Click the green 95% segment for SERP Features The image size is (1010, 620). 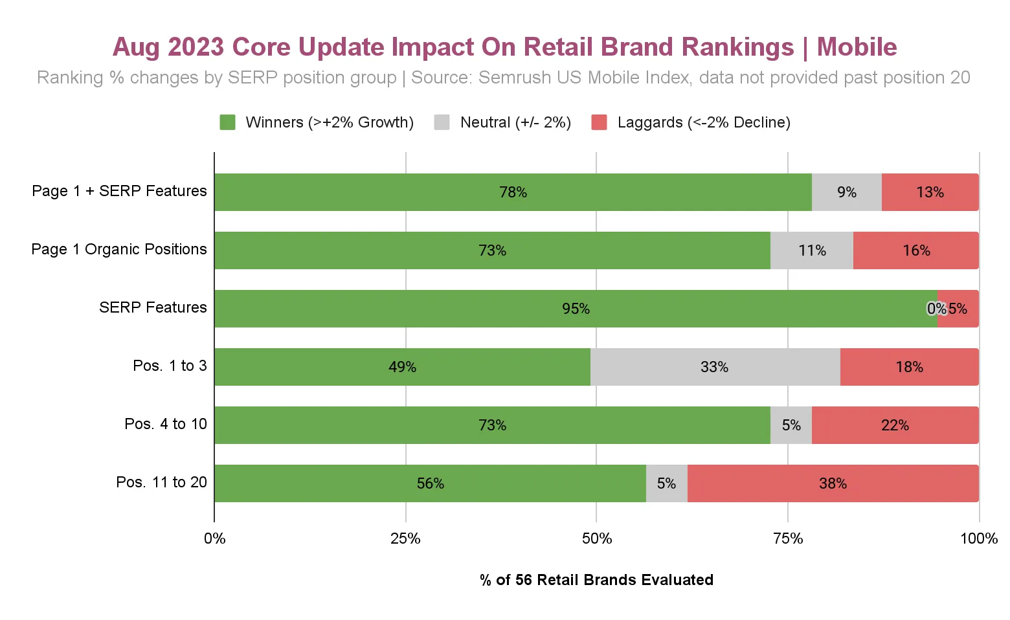pos(576,309)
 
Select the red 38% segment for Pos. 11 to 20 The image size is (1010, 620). pos(833,483)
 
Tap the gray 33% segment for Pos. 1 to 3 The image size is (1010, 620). pos(715,367)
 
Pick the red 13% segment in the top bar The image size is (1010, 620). pos(930,192)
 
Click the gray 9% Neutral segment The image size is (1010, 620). pos(846,192)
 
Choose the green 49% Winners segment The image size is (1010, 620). pos(402,367)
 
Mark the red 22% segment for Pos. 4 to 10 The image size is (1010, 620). pos(895,425)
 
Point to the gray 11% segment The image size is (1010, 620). pos(812,250)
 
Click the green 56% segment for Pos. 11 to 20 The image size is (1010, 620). pos(430,483)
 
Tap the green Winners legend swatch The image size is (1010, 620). pos(227,122)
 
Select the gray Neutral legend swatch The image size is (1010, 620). pos(442,122)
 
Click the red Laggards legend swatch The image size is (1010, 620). pos(599,122)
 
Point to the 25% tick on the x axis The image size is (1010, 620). pos(405,538)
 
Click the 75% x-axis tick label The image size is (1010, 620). pos(788,538)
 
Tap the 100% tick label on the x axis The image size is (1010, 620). pos(978,538)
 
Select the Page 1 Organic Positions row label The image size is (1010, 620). pos(119,249)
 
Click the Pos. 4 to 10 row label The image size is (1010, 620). pos(166,424)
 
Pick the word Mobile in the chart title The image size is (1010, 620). pos(857,47)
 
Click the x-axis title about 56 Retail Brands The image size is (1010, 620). pos(596,580)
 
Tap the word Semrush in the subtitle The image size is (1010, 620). pos(513,78)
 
